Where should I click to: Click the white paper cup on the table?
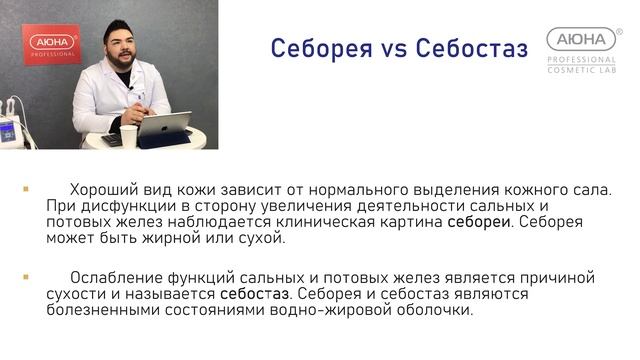tap(128, 137)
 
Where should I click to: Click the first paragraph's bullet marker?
tap(26, 187)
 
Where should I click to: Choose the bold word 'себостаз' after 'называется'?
tap(256, 294)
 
